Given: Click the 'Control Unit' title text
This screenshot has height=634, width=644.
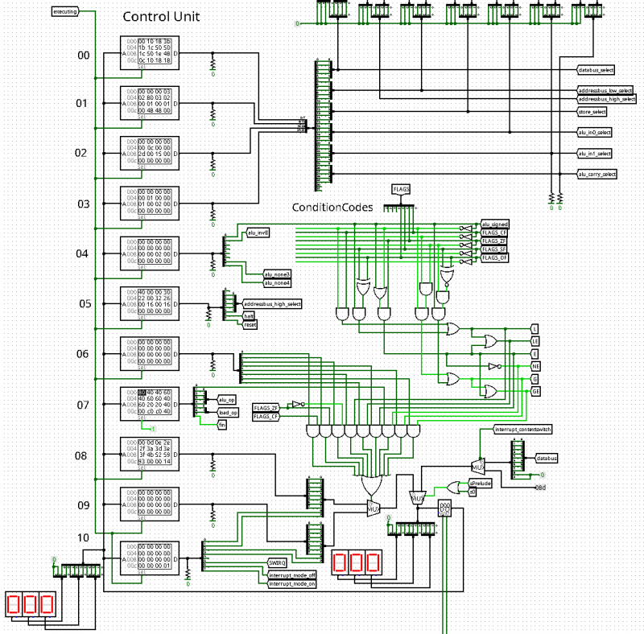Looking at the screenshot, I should tap(161, 17).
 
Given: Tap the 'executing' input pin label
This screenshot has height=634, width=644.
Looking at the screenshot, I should tap(65, 12).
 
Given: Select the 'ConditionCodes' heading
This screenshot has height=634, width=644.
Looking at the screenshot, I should tap(332, 208).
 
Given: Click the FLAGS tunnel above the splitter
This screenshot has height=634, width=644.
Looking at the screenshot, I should tap(402, 189).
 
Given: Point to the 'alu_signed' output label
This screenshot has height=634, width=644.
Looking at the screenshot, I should tap(495, 224).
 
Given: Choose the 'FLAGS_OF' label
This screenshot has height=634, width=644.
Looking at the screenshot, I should tap(494, 258).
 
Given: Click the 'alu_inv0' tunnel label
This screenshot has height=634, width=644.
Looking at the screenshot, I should tap(258, 233).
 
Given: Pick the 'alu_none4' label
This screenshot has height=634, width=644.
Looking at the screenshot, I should tap(278, 282).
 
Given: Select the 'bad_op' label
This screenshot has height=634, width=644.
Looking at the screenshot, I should tap(227, 412).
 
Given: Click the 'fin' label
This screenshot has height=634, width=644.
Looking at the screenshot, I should tap(222, 424).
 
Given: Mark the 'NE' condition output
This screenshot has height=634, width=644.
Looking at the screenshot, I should tap(535, 364).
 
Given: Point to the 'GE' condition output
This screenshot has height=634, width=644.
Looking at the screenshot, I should tap(535, 390).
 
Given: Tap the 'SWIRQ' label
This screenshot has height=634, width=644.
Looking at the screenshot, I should tap(277, 562).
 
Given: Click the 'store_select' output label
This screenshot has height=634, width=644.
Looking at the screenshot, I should tap(592, 111).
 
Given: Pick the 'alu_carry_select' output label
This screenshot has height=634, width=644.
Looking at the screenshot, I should tap(597, 174).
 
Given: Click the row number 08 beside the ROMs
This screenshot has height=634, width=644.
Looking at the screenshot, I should tap(81, 455).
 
